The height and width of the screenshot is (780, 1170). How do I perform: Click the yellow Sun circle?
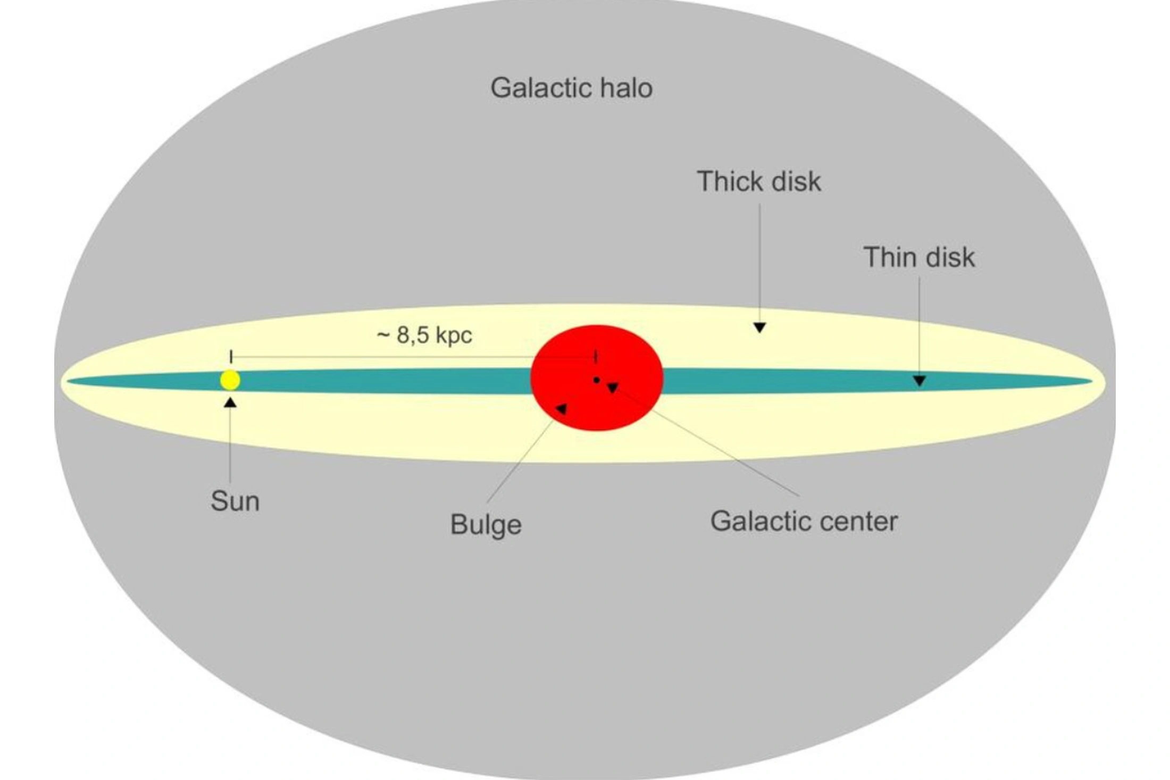click(230, 380)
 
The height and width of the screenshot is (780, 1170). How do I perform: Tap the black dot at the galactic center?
click(597, 380)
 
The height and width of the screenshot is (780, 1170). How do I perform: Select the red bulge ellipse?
click(597, 378)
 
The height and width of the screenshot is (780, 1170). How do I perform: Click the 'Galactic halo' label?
click(572, 88)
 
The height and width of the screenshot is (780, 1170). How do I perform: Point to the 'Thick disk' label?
click(759, 181)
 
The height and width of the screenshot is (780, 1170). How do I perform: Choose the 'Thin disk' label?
click(919, 257)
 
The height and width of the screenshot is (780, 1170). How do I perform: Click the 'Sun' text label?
click(235, 501)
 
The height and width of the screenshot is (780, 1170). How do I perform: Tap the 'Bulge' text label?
click(486, 525)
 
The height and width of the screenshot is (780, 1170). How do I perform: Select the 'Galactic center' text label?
click(804, 521)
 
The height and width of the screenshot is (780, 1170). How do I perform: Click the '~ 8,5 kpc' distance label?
click(424, 336)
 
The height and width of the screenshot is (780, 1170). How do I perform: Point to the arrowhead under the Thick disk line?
click(759, 328)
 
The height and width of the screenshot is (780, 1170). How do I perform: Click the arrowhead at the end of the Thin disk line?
click(920, 381)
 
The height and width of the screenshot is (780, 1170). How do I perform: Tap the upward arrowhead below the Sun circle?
click(230, 402)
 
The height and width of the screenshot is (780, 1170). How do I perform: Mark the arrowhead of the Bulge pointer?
click(562, 408)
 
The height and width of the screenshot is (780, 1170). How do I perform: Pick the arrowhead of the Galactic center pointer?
click(612, 388)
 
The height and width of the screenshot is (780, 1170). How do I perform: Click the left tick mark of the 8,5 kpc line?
click(231, 356)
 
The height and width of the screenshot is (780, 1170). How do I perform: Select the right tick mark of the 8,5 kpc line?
click(596, 356)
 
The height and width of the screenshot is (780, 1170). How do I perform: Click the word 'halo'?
click(626, 88)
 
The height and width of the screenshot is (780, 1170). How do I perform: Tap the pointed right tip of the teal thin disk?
click(1091, 381)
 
